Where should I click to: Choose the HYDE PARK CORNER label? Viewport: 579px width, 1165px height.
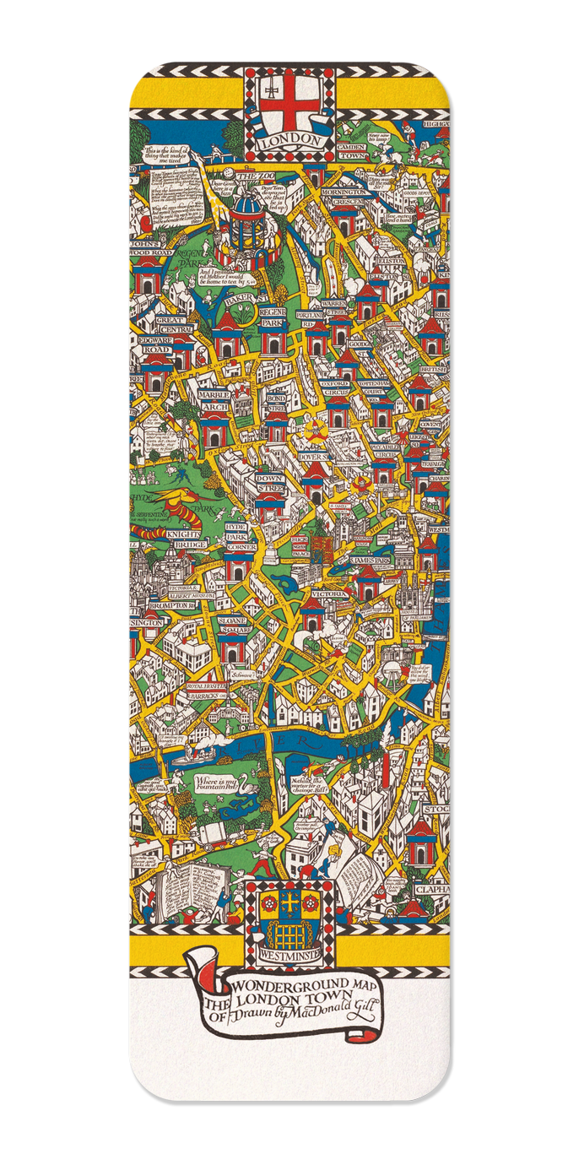pos(241,537)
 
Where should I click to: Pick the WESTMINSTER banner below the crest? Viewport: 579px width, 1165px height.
pos(289,948)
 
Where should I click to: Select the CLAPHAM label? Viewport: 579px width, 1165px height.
pos(430,890)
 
